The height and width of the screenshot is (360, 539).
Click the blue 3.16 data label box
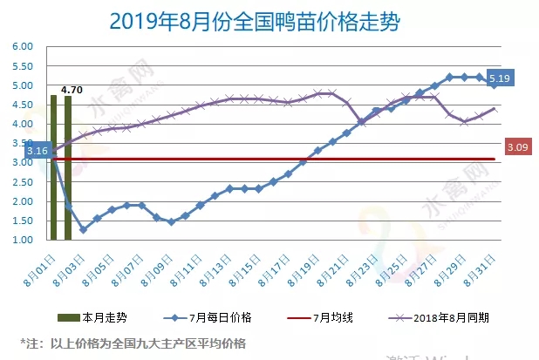38,152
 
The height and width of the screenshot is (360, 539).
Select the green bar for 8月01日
54,166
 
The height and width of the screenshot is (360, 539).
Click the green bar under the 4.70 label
68,167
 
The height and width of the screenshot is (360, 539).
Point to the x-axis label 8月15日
248,266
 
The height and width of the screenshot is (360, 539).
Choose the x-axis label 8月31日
482,266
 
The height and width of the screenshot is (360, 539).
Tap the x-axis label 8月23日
365,266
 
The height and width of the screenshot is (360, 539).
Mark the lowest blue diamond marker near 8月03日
83,229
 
